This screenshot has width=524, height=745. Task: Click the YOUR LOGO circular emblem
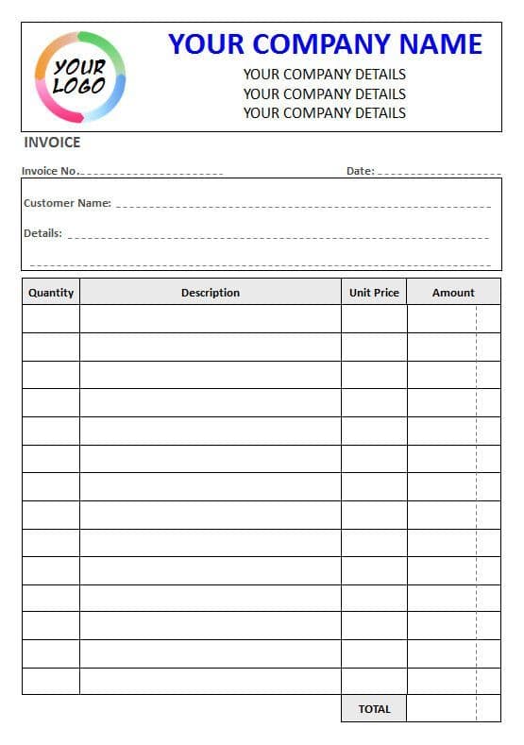click(80, 77)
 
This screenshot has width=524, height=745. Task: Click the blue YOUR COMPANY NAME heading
click(325, 44)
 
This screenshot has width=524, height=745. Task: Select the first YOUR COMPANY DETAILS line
click(325, 74)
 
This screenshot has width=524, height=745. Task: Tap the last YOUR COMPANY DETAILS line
click(325, 112)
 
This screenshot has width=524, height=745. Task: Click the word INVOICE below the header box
click(52, 143)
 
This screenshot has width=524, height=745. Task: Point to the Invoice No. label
click(49, 171)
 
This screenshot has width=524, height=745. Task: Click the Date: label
click(360, 171)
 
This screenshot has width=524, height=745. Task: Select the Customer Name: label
click(67, 203)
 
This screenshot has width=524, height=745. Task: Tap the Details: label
click(42, 233)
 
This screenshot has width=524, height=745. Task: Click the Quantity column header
click(51, 293)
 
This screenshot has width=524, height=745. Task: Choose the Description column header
click(211, 293)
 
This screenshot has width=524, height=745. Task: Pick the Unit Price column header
click(374, 293)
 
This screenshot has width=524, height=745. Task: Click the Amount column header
click(453, 293)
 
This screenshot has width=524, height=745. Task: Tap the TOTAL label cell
click(374, 709)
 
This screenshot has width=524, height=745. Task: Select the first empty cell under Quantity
click(51, 319)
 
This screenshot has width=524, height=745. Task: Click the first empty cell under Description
click(211, 319)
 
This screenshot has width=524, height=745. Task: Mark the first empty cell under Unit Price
click(374, 319)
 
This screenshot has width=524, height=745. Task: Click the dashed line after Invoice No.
click(151, 174)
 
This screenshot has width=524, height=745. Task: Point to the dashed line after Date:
click(438, 174)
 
